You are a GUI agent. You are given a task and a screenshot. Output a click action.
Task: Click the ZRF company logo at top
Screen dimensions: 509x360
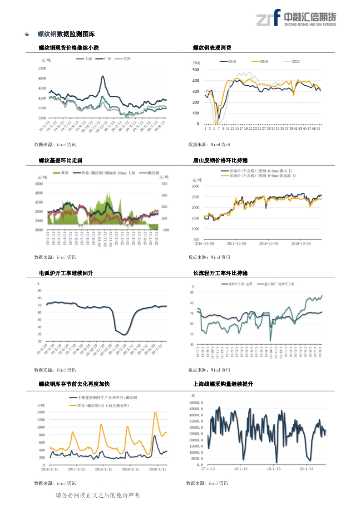296,18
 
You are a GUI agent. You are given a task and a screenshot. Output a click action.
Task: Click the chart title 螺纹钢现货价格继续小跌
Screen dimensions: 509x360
69,48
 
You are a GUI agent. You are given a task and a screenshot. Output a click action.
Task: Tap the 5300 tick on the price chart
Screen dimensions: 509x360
42,68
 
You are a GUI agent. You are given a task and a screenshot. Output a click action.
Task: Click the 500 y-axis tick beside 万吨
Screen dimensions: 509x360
195,70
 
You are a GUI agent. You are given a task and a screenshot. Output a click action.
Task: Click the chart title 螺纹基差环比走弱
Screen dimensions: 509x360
60,161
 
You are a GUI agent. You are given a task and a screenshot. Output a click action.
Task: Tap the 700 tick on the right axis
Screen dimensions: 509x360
164,183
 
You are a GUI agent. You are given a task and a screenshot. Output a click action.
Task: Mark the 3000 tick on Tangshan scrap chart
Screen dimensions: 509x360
195,186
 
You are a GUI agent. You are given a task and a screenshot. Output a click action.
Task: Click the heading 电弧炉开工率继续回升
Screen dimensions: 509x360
66,273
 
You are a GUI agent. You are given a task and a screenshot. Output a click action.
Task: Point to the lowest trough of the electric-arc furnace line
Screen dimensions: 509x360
123,335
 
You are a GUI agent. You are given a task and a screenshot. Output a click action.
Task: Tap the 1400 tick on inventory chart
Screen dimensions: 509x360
41,412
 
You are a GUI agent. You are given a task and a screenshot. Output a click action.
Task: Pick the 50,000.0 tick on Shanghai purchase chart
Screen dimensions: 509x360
195,402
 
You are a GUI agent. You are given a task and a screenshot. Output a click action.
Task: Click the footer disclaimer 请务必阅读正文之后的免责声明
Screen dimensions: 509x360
97,495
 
